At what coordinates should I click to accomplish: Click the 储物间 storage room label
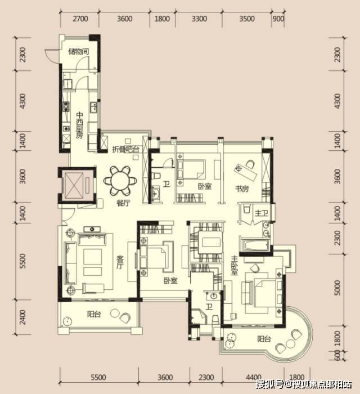coord(79,52)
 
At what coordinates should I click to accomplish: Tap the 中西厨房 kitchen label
coord(79,125)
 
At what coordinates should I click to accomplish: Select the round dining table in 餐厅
coord(120,181)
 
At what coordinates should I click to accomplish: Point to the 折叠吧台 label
coord(125,150)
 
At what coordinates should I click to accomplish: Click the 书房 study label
coord(242,188)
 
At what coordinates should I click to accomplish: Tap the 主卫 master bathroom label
coord(262,213)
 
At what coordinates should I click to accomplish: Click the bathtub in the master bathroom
coord(254,245)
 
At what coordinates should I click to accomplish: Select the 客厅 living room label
coord(120,262)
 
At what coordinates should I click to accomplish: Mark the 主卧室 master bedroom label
coord(234,265)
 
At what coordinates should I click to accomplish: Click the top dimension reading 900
coord(278,19)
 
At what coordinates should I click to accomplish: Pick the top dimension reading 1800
coord(162,19)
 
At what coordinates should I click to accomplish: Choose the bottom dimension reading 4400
coord(254,377)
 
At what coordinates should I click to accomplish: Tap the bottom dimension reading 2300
coord(206,377)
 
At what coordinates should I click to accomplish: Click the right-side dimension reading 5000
coord(337,288)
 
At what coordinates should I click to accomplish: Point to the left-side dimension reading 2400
coord(22,317)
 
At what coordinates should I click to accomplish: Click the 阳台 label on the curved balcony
coord(264,339)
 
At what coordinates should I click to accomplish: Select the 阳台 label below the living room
coord(94,314)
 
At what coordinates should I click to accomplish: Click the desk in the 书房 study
coord(245,172)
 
